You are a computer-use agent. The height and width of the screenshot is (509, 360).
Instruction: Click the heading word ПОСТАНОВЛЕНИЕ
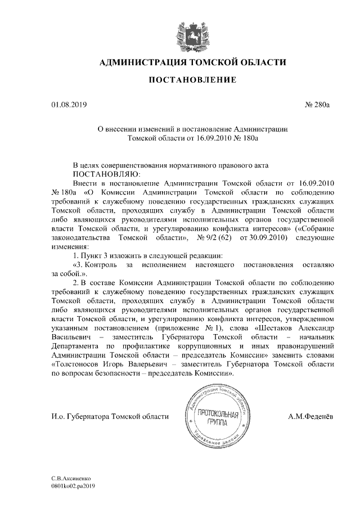(x=192, y=80)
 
